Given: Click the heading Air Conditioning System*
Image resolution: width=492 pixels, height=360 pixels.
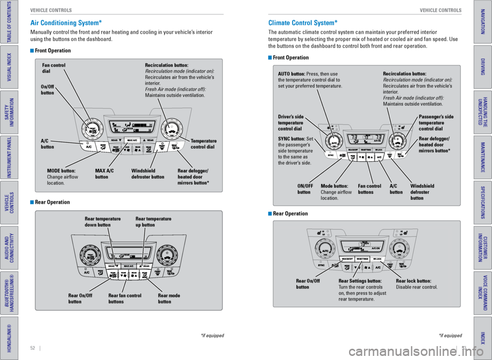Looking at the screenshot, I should [66, 23].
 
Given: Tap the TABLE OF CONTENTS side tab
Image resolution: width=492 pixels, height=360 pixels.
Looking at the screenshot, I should [9, 22].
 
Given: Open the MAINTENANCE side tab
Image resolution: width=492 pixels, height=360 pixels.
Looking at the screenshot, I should [482, 157].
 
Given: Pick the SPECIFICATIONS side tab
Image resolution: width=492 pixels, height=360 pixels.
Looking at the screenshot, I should [482, 202].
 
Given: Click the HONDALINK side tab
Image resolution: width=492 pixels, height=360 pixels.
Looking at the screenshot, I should [9, 337].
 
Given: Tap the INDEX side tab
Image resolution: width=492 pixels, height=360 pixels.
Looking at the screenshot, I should [482, 337].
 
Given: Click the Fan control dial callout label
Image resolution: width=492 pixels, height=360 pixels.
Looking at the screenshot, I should [54, 68].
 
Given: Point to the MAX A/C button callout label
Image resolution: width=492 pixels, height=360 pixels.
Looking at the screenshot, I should [105, 173].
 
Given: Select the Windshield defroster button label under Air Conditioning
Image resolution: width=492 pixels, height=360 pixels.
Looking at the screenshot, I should [148, 173].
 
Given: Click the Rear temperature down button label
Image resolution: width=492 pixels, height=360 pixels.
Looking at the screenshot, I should [102, 222].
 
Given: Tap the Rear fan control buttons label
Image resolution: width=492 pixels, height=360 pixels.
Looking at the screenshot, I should [125, 299].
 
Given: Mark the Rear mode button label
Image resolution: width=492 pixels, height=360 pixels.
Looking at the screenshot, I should [169, 299].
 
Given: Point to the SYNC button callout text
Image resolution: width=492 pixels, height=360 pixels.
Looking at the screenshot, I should [295, 151].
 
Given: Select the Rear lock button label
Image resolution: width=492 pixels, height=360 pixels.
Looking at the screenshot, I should [417, 284].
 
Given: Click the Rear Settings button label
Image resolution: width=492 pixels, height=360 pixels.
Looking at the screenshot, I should [362, 290].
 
